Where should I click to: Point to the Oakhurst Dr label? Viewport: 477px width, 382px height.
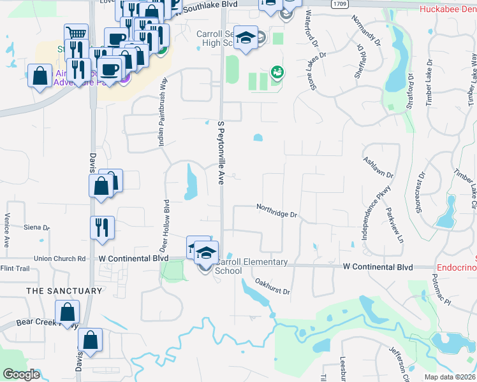[272, 286]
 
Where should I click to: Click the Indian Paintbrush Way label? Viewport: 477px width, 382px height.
[163, 113]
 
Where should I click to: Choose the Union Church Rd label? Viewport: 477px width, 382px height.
[59, 258]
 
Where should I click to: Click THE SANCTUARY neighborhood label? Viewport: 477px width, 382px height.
[64, 291]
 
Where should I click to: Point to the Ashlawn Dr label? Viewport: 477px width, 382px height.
[378, 167]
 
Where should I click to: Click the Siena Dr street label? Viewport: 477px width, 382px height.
[36, 227]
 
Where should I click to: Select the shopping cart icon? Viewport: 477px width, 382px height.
[76, 33]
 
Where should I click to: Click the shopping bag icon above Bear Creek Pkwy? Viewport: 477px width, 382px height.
[66, 312]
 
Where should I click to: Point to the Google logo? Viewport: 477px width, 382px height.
[22, 374]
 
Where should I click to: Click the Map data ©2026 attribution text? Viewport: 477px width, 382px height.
[451, 377]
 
